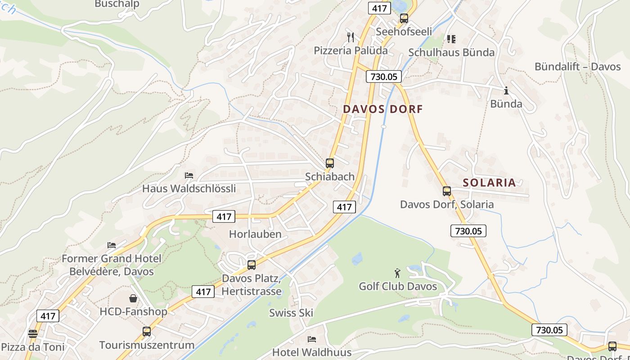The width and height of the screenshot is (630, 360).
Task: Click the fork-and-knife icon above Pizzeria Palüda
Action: pyautogui.click(x=351, y=37)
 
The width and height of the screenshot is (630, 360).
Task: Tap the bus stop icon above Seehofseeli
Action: pyautogui.click(x=404, y=18)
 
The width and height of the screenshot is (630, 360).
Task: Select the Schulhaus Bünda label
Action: pyautogui.click(x=451, y=52)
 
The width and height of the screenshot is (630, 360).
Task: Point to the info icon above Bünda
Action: pyautogui.click(x=506, y=91)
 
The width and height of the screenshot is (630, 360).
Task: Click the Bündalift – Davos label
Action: pyautogui.click(x=577, y=67)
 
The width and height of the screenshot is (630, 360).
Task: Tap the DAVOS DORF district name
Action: pyautogui.click(x=383, y=109)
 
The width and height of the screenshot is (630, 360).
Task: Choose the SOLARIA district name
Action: pyautogui.click(x=489, y=182)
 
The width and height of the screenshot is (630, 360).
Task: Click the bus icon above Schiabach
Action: pyautogui.click(x=330, y=163)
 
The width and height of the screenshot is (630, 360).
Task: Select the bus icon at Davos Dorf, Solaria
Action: pyautogui.click(x=446, y=191)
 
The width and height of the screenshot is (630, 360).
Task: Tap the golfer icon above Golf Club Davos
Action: pyautogui.click(x=397, y=273)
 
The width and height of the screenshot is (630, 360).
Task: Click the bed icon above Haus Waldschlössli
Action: pyautogui.click(x=189, y=175)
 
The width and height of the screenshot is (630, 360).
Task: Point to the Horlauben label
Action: pyautogui.click(x=255, y=234)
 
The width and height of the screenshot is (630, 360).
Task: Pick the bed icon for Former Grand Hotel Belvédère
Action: pyautogui.click(x=112, y=245)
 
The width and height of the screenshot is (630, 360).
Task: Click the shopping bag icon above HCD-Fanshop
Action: pyautogui.click(x=133, y=298)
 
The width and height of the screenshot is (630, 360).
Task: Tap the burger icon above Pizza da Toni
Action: pyautogui.click(x=32, y=334)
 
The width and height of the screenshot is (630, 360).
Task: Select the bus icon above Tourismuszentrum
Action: pyautogui.click(x=147, y=332)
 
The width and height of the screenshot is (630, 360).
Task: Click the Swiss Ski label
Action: pyautogui.click(x=291, y=313)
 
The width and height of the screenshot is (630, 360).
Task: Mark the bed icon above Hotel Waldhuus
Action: pyautogui.click(x=311, y=339)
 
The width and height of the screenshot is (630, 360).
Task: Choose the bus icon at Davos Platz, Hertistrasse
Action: pyautogui.click(x=252, y=265)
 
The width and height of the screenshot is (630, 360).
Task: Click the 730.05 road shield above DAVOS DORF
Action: pyautogui.click(x=383, y=76)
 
